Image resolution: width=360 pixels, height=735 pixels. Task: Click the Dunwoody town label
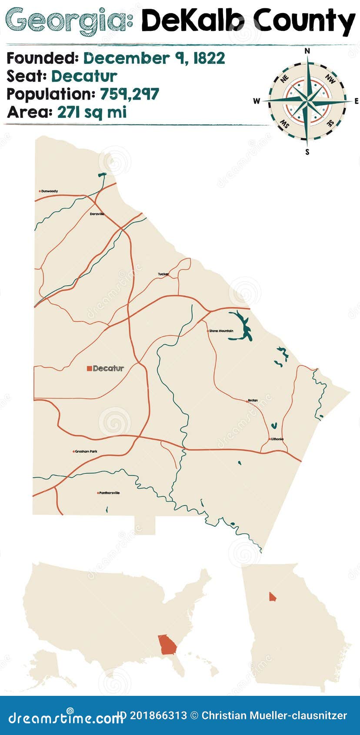coord(50,191)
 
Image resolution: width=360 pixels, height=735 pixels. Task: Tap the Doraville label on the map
coord(97,214)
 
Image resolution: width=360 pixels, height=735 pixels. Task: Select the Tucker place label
coord(163,274)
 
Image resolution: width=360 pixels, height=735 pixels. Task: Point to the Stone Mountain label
coord(221,331)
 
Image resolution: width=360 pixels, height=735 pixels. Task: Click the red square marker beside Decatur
coord(89,368)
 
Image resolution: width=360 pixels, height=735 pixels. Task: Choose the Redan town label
coord(253,400)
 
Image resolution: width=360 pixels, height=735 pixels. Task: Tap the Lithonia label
coord(277,439)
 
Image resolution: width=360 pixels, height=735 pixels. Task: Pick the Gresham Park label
coord(86,451)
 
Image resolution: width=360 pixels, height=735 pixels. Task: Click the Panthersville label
coord(109,493)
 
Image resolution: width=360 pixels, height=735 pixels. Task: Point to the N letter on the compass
coord(307,51)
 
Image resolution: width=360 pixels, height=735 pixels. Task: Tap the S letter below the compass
coord(307,152)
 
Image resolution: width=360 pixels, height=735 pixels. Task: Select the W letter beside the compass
coord(257,101)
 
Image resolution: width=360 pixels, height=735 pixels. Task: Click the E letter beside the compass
coord(357,101)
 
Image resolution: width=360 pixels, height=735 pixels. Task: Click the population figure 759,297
coord(130,94)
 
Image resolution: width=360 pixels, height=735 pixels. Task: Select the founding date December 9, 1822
coord(154,58)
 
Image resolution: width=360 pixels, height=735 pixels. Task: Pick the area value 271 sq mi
coord(92,112)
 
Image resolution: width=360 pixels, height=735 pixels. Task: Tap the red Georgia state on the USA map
coord(167,644)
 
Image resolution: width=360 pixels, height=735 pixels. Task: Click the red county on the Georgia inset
coord(272,597)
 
